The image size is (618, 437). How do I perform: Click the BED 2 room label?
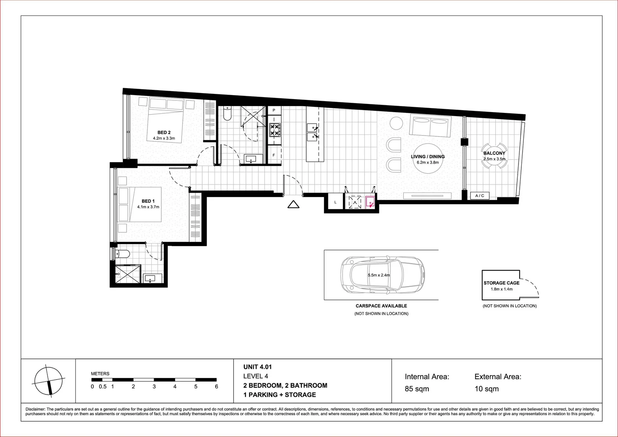pos(164,132)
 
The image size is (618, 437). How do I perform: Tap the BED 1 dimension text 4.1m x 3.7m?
pos(148,207)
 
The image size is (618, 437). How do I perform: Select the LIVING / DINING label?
pos(428,157)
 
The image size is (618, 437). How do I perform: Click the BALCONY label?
pos(494,153)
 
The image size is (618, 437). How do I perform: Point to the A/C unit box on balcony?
pos(480,196)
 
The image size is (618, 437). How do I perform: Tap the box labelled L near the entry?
pos(335,202)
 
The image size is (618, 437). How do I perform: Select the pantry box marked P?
pos(274,110)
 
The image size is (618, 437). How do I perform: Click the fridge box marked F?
pos(274,155)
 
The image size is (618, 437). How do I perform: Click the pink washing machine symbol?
pos(370,202)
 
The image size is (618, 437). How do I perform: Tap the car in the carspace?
pos(382,275)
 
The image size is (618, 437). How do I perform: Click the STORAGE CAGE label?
pos(502,283)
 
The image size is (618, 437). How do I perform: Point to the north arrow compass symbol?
pos(48,380)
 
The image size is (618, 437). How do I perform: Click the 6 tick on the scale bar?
pos(216,386)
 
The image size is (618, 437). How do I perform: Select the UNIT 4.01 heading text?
pos(257,367)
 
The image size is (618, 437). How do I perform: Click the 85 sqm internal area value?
pos(417,389)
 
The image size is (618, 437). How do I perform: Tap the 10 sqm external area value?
pos(486,389)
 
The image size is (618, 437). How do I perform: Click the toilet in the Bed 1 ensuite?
pos(123,254)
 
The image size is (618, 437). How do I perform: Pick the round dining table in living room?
pos(428,159)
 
